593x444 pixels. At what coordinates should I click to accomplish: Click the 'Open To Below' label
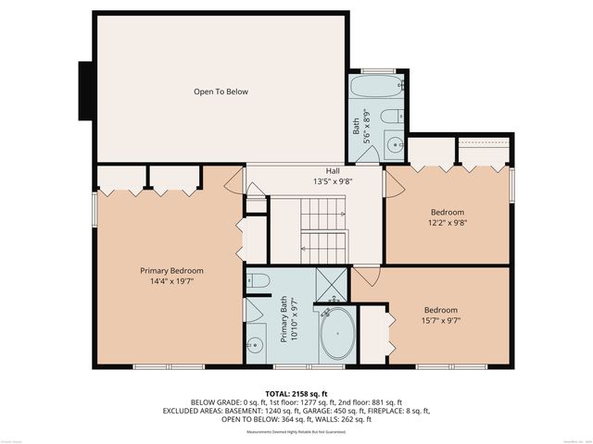[221, 92]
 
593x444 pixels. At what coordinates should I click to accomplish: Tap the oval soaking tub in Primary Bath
[336, 333]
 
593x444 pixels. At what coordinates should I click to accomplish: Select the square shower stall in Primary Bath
[329, 282]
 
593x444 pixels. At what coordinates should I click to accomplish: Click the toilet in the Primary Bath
[259, 281]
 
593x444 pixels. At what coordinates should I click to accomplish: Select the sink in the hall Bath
[393, 145]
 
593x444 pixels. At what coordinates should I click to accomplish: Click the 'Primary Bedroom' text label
[171, 270]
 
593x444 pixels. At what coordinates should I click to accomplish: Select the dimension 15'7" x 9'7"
[442, 321]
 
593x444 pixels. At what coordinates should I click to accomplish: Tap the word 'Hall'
[331, 171]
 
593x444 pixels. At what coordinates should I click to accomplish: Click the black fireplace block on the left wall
[85, 92]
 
